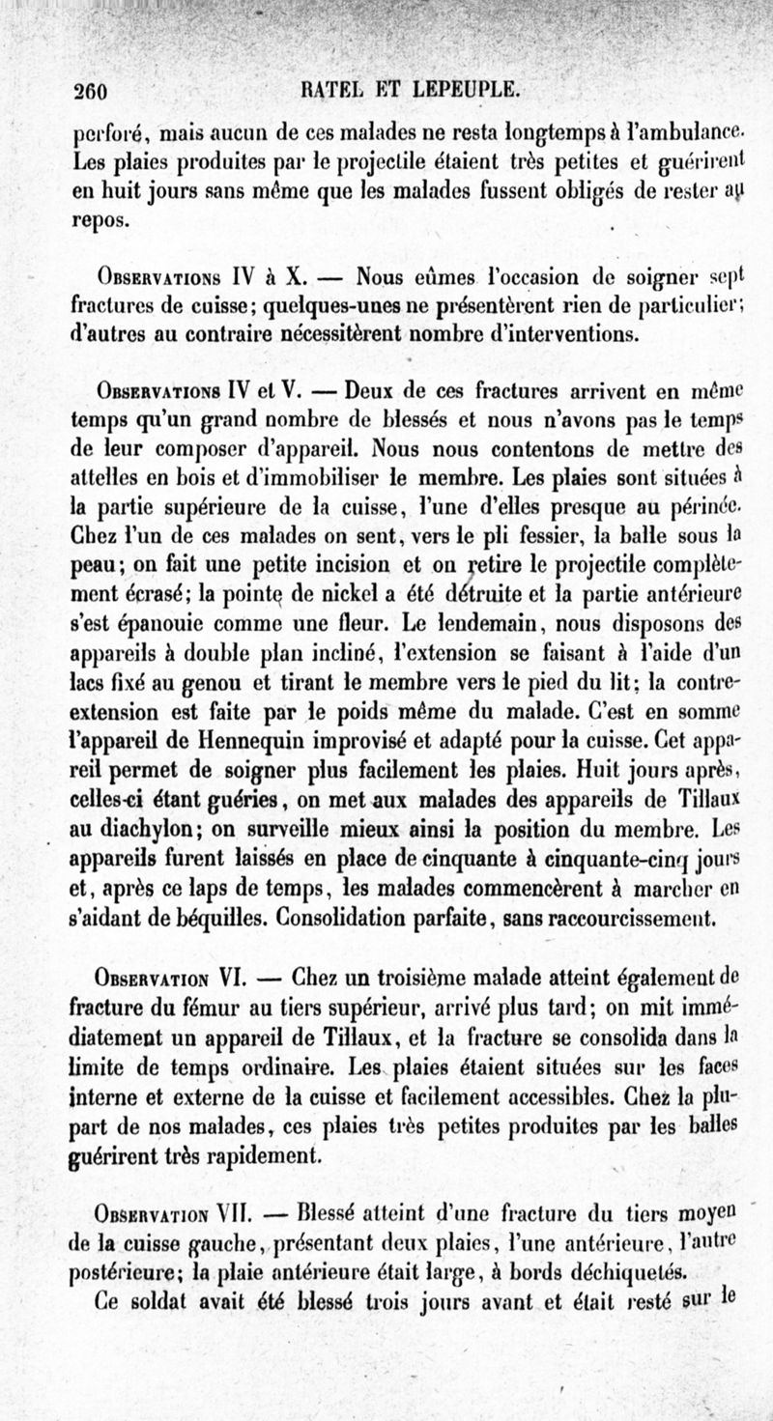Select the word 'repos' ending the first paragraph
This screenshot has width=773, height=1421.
[100, 220]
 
